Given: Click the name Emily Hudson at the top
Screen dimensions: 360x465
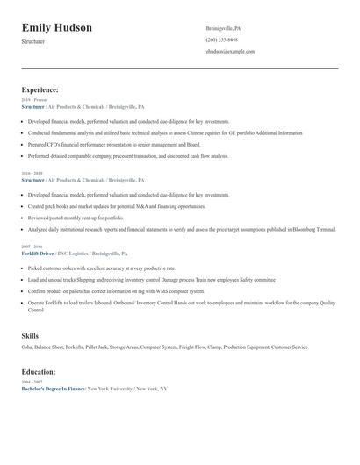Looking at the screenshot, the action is pos(57,28).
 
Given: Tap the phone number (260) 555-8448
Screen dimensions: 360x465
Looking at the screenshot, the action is pos(221,40).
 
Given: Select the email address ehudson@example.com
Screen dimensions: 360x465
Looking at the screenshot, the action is pos(230,52).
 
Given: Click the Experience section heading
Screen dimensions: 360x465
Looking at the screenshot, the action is pos(40,90).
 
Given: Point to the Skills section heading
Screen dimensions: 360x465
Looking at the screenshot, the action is pos(30,335).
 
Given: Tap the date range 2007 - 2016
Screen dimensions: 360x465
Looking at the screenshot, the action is pos(31,247).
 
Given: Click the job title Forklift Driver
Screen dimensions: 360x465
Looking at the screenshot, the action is pos(40,254).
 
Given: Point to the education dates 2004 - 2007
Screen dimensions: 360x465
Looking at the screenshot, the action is pos(31,382).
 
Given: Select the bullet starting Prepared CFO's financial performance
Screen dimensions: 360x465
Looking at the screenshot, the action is pos(114,144).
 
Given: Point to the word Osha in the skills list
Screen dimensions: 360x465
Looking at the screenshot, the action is pos(27,347).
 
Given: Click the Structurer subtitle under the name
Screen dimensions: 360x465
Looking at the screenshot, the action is pos(34,41).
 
